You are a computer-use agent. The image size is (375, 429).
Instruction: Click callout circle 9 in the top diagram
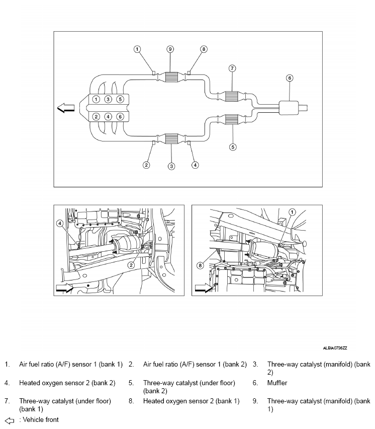[170, 49]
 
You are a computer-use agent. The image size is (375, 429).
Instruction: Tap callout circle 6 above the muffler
[290, 78]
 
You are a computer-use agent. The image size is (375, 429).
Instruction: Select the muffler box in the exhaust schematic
[290, 107]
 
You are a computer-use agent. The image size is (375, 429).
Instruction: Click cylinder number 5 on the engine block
[120, 99]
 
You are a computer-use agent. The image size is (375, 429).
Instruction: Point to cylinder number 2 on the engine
[96, 117]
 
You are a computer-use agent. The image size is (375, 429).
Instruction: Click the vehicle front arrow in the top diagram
[66, 108]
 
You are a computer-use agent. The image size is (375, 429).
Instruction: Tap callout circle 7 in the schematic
[232, 68]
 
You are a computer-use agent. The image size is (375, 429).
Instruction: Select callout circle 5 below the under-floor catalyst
[233, 147]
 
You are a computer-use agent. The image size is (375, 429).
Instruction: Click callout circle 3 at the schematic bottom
[171, 166]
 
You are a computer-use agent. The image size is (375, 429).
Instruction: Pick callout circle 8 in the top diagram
[204, 49]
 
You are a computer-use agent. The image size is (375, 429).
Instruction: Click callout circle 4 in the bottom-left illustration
[60, 224]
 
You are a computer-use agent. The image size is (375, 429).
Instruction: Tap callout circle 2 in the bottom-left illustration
[131, 265]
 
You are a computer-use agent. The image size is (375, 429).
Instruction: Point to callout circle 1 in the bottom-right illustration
[292, 212]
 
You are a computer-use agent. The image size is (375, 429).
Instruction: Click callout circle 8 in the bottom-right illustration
[200, 265]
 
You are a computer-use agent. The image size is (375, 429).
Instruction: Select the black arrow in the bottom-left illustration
[64, 288]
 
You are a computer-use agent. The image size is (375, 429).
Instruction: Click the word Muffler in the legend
[277, 383]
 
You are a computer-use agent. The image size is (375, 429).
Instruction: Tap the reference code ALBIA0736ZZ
[335, 348]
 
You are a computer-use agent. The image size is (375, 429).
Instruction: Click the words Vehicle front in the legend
[41, 420]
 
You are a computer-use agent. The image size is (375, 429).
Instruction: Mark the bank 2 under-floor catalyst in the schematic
[231, 119]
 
